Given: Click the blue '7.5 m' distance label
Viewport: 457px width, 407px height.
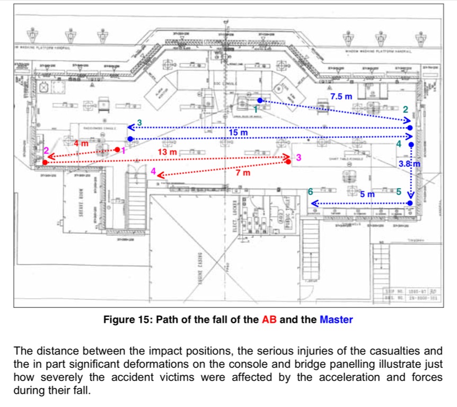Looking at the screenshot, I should [x=341, y=96].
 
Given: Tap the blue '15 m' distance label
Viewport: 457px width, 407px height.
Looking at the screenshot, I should [x=238, y=132].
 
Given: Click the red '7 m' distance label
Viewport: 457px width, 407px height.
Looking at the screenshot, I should [x=243, y=173].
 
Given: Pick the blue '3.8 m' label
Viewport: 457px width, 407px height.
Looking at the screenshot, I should [x=409, y=164].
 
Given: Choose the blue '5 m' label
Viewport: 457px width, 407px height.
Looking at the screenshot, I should [x=367, y=194].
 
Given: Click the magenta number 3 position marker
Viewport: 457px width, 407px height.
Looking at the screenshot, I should [x=298, y=158].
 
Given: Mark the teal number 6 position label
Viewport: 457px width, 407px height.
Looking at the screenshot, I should [x=311, y=191].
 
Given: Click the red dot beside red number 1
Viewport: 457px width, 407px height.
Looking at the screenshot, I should [x=117, y=150].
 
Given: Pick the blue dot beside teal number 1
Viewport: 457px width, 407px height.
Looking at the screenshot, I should [x=259, y=100].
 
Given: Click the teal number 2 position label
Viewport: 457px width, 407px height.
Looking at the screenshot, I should [x=406, y=109].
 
